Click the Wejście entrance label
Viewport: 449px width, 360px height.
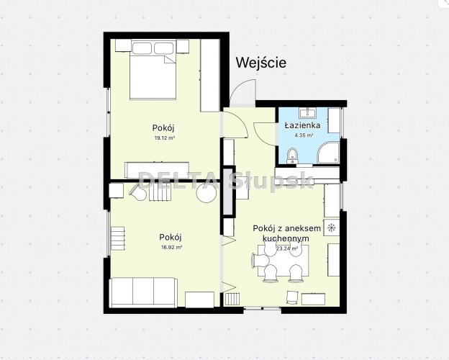click(x=261, y=63)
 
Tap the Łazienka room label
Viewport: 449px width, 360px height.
click(x=302, y=125)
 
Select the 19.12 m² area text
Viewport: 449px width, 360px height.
click(x=165, y=138)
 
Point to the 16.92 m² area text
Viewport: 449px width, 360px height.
click(x=172, y=247)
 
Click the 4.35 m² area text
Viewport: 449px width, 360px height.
click(x=304, y=135)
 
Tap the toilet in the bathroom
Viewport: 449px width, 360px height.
click(x=292, y=156)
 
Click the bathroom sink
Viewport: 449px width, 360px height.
click(x=308, y=113)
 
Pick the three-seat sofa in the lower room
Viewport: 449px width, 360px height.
click(x=143, y=292)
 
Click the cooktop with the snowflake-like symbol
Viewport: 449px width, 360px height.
click(x=332, y=228)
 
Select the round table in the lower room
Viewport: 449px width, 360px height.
click(x=207, y=193)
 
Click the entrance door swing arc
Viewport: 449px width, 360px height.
click(x=239, y=86)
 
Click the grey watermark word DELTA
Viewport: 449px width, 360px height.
click(x=178, y=181)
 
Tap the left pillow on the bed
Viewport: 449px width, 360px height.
click(x=142, y=48)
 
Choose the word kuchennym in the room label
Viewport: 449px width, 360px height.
click(x=286, y=238)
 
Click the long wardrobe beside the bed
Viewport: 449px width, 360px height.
click(x=210, y=75)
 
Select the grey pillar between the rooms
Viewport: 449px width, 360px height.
click(x=229, y=192)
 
